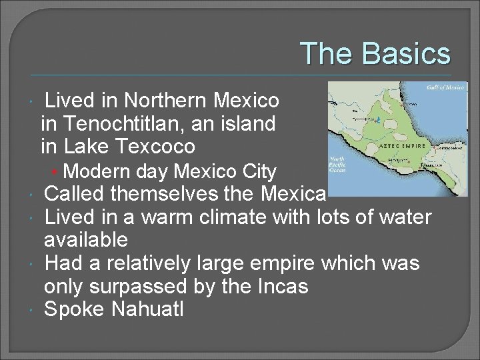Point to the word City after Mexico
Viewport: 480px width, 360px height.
coord(259,172)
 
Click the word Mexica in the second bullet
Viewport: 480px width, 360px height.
coord(294,195)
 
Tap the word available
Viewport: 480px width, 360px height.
coord(85,239)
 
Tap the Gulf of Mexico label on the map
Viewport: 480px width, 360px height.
coord(445,87)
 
